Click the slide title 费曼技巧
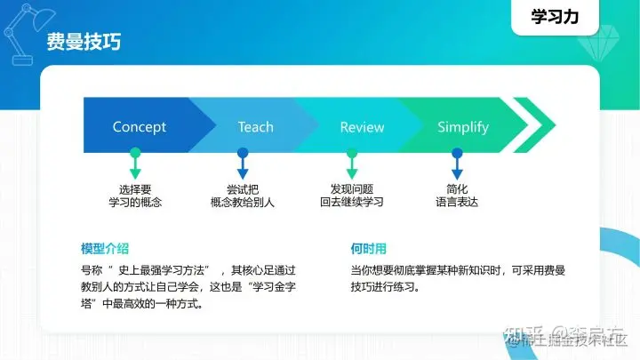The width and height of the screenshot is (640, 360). (x=84, y=42)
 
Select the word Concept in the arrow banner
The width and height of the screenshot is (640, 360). (x=139, y=127)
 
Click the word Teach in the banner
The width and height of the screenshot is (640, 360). (x=255, y=127)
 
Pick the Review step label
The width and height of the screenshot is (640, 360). (x=362, y=128)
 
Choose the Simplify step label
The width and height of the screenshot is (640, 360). (x=462, y=127)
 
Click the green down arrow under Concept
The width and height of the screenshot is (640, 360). (x=135, y=166)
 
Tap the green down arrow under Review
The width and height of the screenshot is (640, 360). (x=351, y=166)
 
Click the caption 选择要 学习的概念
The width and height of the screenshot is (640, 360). (x=135, y=196)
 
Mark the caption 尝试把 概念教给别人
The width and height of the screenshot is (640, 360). (x=243, y=196)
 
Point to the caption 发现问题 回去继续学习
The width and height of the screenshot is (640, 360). (x=351, y=196)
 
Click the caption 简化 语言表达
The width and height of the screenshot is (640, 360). (x=457, y=196)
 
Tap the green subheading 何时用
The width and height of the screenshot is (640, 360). (x=369, y=247)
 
